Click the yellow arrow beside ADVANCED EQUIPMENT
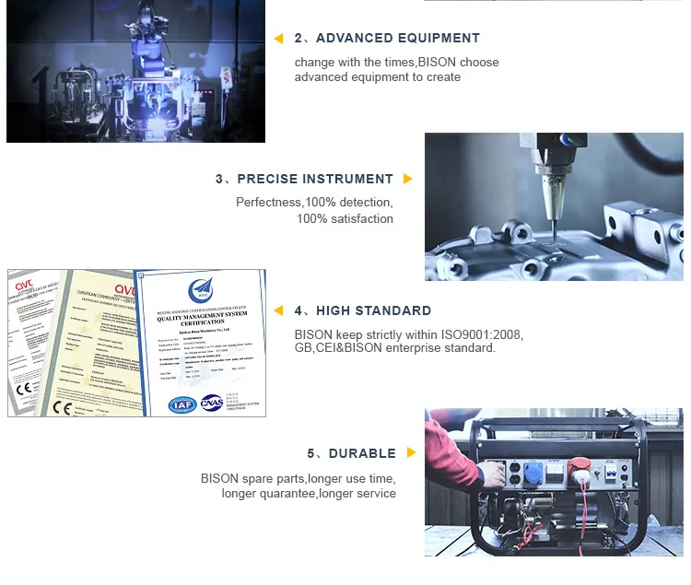point(278,39)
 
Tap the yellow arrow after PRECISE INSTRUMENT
point(408,179)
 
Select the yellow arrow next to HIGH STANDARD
point(278,310)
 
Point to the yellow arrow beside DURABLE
point(411,453)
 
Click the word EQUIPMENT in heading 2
point(438,39)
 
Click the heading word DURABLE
point(362,453)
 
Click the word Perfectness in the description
point(268,203)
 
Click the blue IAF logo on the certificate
point(182,404)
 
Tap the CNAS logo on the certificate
point(211,404)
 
